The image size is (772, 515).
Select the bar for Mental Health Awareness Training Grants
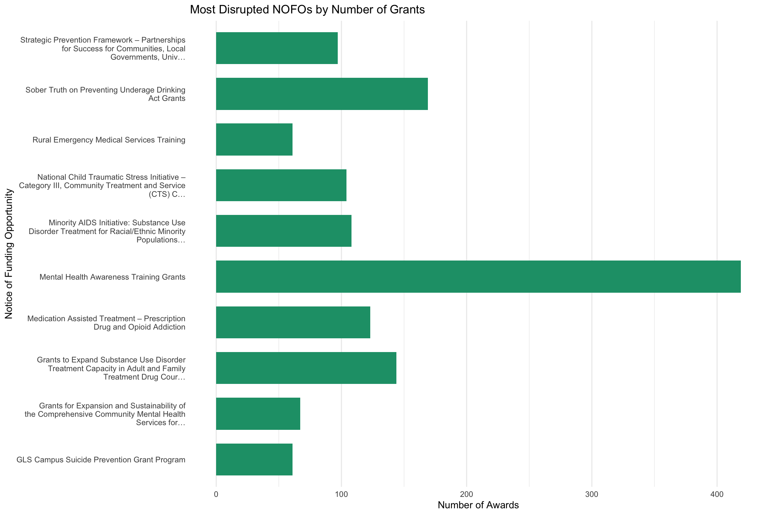[x=478, y=277]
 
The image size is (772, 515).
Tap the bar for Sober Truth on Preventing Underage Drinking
[x=322, y=94]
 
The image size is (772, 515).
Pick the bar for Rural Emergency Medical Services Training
[x=254, y=139]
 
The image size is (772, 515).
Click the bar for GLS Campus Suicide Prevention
[x=254, y=459]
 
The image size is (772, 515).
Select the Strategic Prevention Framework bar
[x=277, y=48]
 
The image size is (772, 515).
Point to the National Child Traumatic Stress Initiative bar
[x=281, y=185]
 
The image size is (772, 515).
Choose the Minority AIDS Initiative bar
[x=284, y=231]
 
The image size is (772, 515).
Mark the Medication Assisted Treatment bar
[x=293, y=322]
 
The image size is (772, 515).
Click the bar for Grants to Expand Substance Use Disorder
[x=306, y=368]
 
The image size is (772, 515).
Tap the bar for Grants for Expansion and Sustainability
[x=258, y=414]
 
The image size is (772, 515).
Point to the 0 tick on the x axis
[x=216, y=494]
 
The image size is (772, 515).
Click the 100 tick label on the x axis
[x=341, y=494]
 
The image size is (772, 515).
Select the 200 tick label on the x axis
[x=467, y=494]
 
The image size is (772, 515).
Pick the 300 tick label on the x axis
[x=592, y=494]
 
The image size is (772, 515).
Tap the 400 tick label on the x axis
[x=717, y=494]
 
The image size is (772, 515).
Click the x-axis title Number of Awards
[x=478, y=505]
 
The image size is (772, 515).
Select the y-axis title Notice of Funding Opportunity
[x=9, y=254]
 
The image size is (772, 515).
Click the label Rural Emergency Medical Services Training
[x=109, y=140]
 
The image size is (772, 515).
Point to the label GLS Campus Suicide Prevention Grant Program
[x=101, y=460]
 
